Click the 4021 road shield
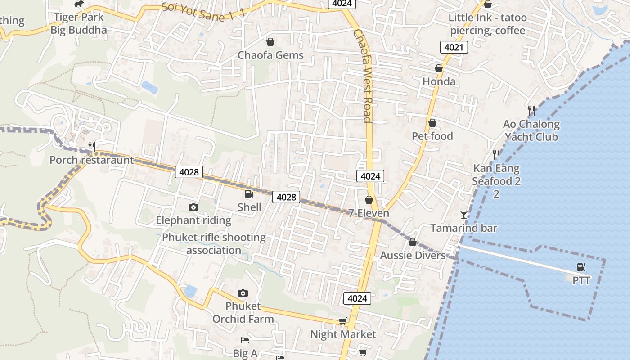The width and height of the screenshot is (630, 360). [x=454, y=47]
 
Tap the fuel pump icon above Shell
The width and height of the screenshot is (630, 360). [x=249, y=194]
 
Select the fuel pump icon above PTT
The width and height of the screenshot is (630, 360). [x=581, y=267]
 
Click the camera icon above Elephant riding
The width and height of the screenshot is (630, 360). [x=193, y=207]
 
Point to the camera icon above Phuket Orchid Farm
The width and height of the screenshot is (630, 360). [x=243, y=293]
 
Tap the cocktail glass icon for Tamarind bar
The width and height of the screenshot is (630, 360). [x=464, y=214]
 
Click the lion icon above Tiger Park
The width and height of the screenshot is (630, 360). [x=79, y=4]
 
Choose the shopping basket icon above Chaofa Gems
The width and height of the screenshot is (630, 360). [x=270, y=42]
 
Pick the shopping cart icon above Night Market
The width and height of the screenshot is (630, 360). [x=343, y=321]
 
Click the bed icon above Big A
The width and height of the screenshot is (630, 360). [x=244, y=340]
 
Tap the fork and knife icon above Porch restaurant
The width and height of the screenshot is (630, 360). [x=92, y=146]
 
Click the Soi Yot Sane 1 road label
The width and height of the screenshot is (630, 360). [x=203, y=10]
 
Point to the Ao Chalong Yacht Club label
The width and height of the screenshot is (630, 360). [x=531, y=130]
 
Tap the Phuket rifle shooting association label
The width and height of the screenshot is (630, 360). [x=214, y=243]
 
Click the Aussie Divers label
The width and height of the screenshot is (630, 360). [x=413, y=255]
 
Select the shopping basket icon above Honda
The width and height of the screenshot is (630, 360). [x=439, y=68]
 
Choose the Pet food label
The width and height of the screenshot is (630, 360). [x=432, y=136]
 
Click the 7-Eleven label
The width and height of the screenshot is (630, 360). [x=369, y=213]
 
